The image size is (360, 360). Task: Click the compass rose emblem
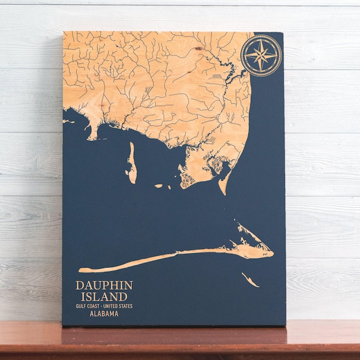point(261,55)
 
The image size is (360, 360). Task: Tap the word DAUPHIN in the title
point(104,285)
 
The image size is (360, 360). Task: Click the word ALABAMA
point(104,313)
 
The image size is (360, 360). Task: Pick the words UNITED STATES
point(119,306)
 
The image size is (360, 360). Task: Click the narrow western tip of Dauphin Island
point(82,270)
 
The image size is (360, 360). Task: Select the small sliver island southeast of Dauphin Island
point(250,280)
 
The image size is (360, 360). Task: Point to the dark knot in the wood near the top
point(197,47)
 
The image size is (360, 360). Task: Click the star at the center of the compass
point(261,56)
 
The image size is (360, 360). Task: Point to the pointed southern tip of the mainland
point(222,191)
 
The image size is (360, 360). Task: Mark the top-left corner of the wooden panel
point(64,32)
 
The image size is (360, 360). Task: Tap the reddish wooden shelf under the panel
point(180,342)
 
